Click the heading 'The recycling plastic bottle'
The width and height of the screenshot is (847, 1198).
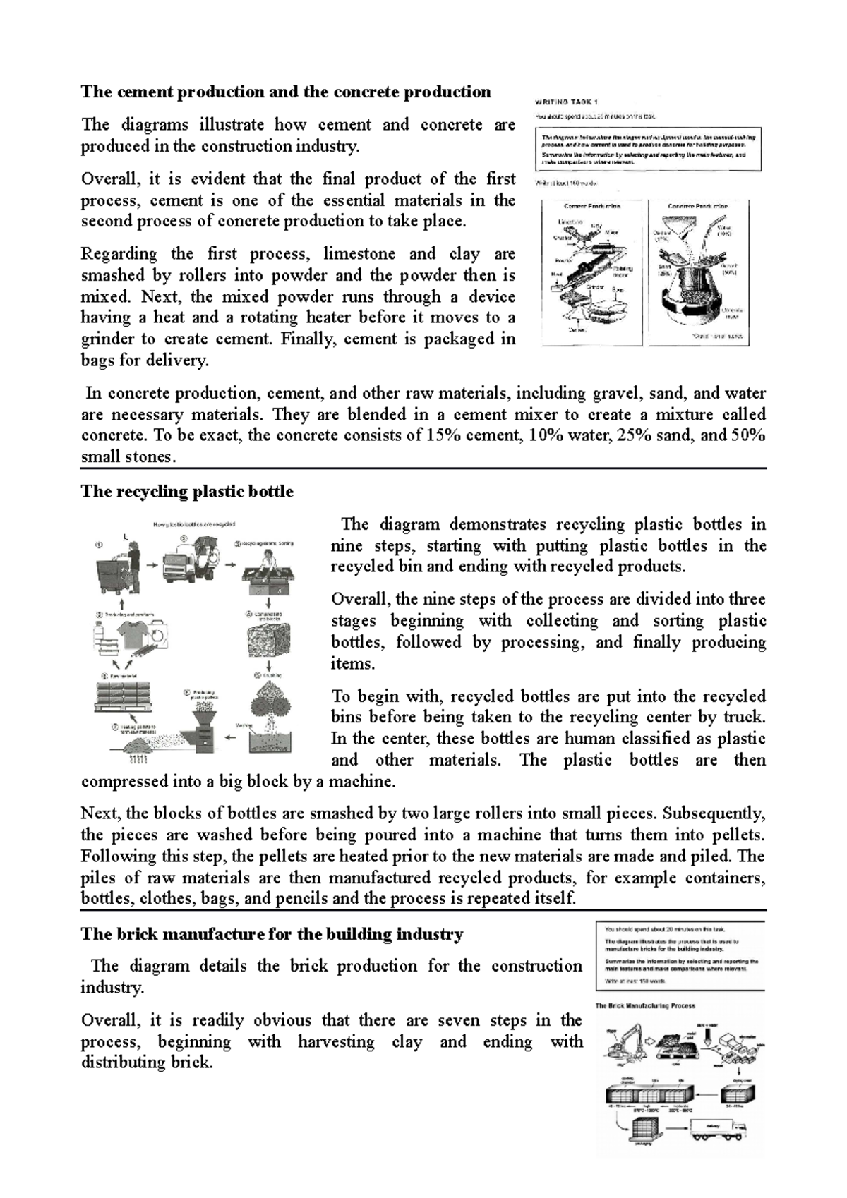tap(187, 492)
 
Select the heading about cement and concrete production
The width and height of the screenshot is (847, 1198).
tap(286, 92)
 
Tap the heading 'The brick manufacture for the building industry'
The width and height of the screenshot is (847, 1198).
tap(272, 934)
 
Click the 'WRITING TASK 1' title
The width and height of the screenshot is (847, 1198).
tap(566, 102)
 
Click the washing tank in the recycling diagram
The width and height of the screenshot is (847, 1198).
tap(271, 741)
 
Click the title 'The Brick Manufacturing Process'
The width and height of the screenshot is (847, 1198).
tap(645, 1005)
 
